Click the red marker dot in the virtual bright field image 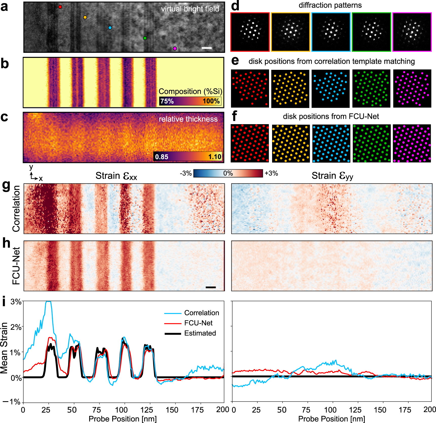tap(60, 7)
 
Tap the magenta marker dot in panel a tap(175, 48)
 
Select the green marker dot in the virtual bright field tap(145, 38)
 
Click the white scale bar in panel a tap(207, 48)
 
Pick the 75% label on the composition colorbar tap(167, 101)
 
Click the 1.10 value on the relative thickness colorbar tap(215, 157)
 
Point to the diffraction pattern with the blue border tap(331, 32)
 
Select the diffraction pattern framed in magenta tap(412, 32)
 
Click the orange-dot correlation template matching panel tap(290, 89)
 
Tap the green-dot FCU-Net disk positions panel tap(372, 143)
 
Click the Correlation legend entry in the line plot tap(201, 313)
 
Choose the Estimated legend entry tap(200, 333)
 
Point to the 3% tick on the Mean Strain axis tap(16, 302)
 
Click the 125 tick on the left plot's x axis tap(147, 410)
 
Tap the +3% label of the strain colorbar tap(271, 173)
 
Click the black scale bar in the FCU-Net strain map tap(211, 287)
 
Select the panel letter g tap(6, 186)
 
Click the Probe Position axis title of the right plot tap(332, 419)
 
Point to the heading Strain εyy tap(332, 176)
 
